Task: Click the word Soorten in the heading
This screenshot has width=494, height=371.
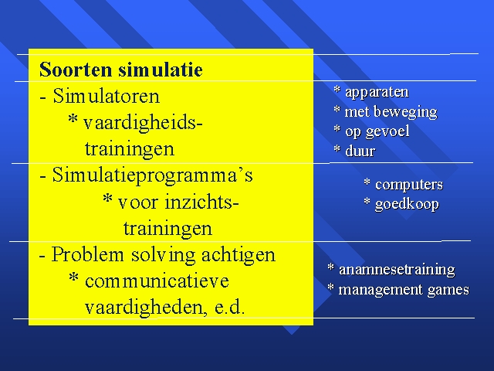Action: [76, 70]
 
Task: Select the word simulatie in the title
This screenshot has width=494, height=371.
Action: [161, 70]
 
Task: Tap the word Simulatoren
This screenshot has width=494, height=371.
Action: [107, 96]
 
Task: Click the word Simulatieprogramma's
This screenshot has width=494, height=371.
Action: [153, 176]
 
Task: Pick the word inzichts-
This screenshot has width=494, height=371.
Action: [201, 202]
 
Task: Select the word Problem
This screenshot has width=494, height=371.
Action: [87, 254]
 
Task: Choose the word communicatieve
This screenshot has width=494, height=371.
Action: [157, 281]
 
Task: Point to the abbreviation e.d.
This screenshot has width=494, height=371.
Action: [229, 308]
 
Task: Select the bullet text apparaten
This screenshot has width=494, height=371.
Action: [377, 93]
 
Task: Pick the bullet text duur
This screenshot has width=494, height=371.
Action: [360, 151]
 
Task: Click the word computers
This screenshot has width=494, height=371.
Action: [409, 185]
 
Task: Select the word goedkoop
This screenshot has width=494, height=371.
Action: [407, 205]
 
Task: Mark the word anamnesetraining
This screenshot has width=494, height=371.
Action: [397, 270]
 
